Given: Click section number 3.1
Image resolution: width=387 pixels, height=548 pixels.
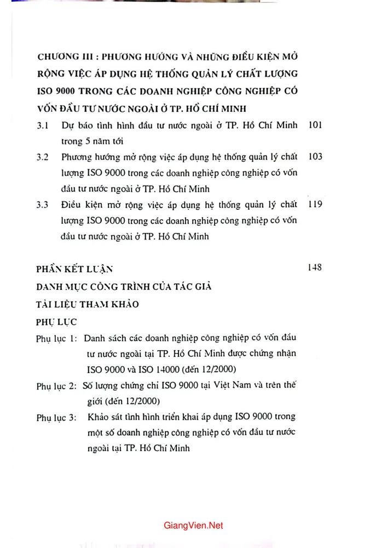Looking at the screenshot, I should pos(43,125).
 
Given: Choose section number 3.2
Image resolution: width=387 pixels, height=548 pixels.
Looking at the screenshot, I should pos(43,157).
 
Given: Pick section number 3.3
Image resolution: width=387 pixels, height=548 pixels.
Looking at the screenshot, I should pos(43,206).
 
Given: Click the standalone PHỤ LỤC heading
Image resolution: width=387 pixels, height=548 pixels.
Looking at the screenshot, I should pos(56,321).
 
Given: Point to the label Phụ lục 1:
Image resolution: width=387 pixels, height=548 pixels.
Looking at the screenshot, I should pos(56,338).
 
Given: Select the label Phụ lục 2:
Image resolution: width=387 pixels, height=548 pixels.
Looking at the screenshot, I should pos(56,386).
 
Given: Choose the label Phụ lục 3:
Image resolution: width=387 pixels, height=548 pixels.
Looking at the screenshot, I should pos(56,418).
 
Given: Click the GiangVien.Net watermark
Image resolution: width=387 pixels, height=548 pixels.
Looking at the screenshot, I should pos(193,526).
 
